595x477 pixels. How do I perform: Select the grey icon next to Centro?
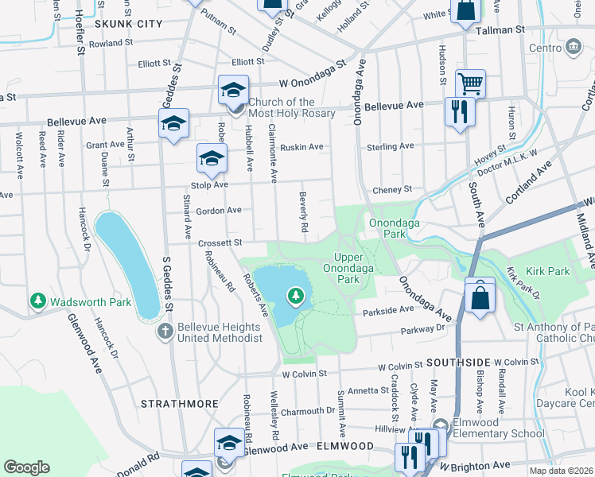tap(574, 48)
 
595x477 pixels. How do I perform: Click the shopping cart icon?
tap(470, 83)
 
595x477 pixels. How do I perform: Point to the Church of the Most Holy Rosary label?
tap(291, 107)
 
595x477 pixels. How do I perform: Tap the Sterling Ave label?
tap(390, 146)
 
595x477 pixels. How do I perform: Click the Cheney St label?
tap(392, 189)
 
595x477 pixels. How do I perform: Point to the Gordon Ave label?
tap(219, 210)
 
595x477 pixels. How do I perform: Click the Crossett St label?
tap(220, 242)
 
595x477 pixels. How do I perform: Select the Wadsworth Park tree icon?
tap(37, 301)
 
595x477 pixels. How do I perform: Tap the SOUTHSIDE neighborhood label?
tap(455, 362)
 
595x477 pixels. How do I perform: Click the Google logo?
tap(27, 467)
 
